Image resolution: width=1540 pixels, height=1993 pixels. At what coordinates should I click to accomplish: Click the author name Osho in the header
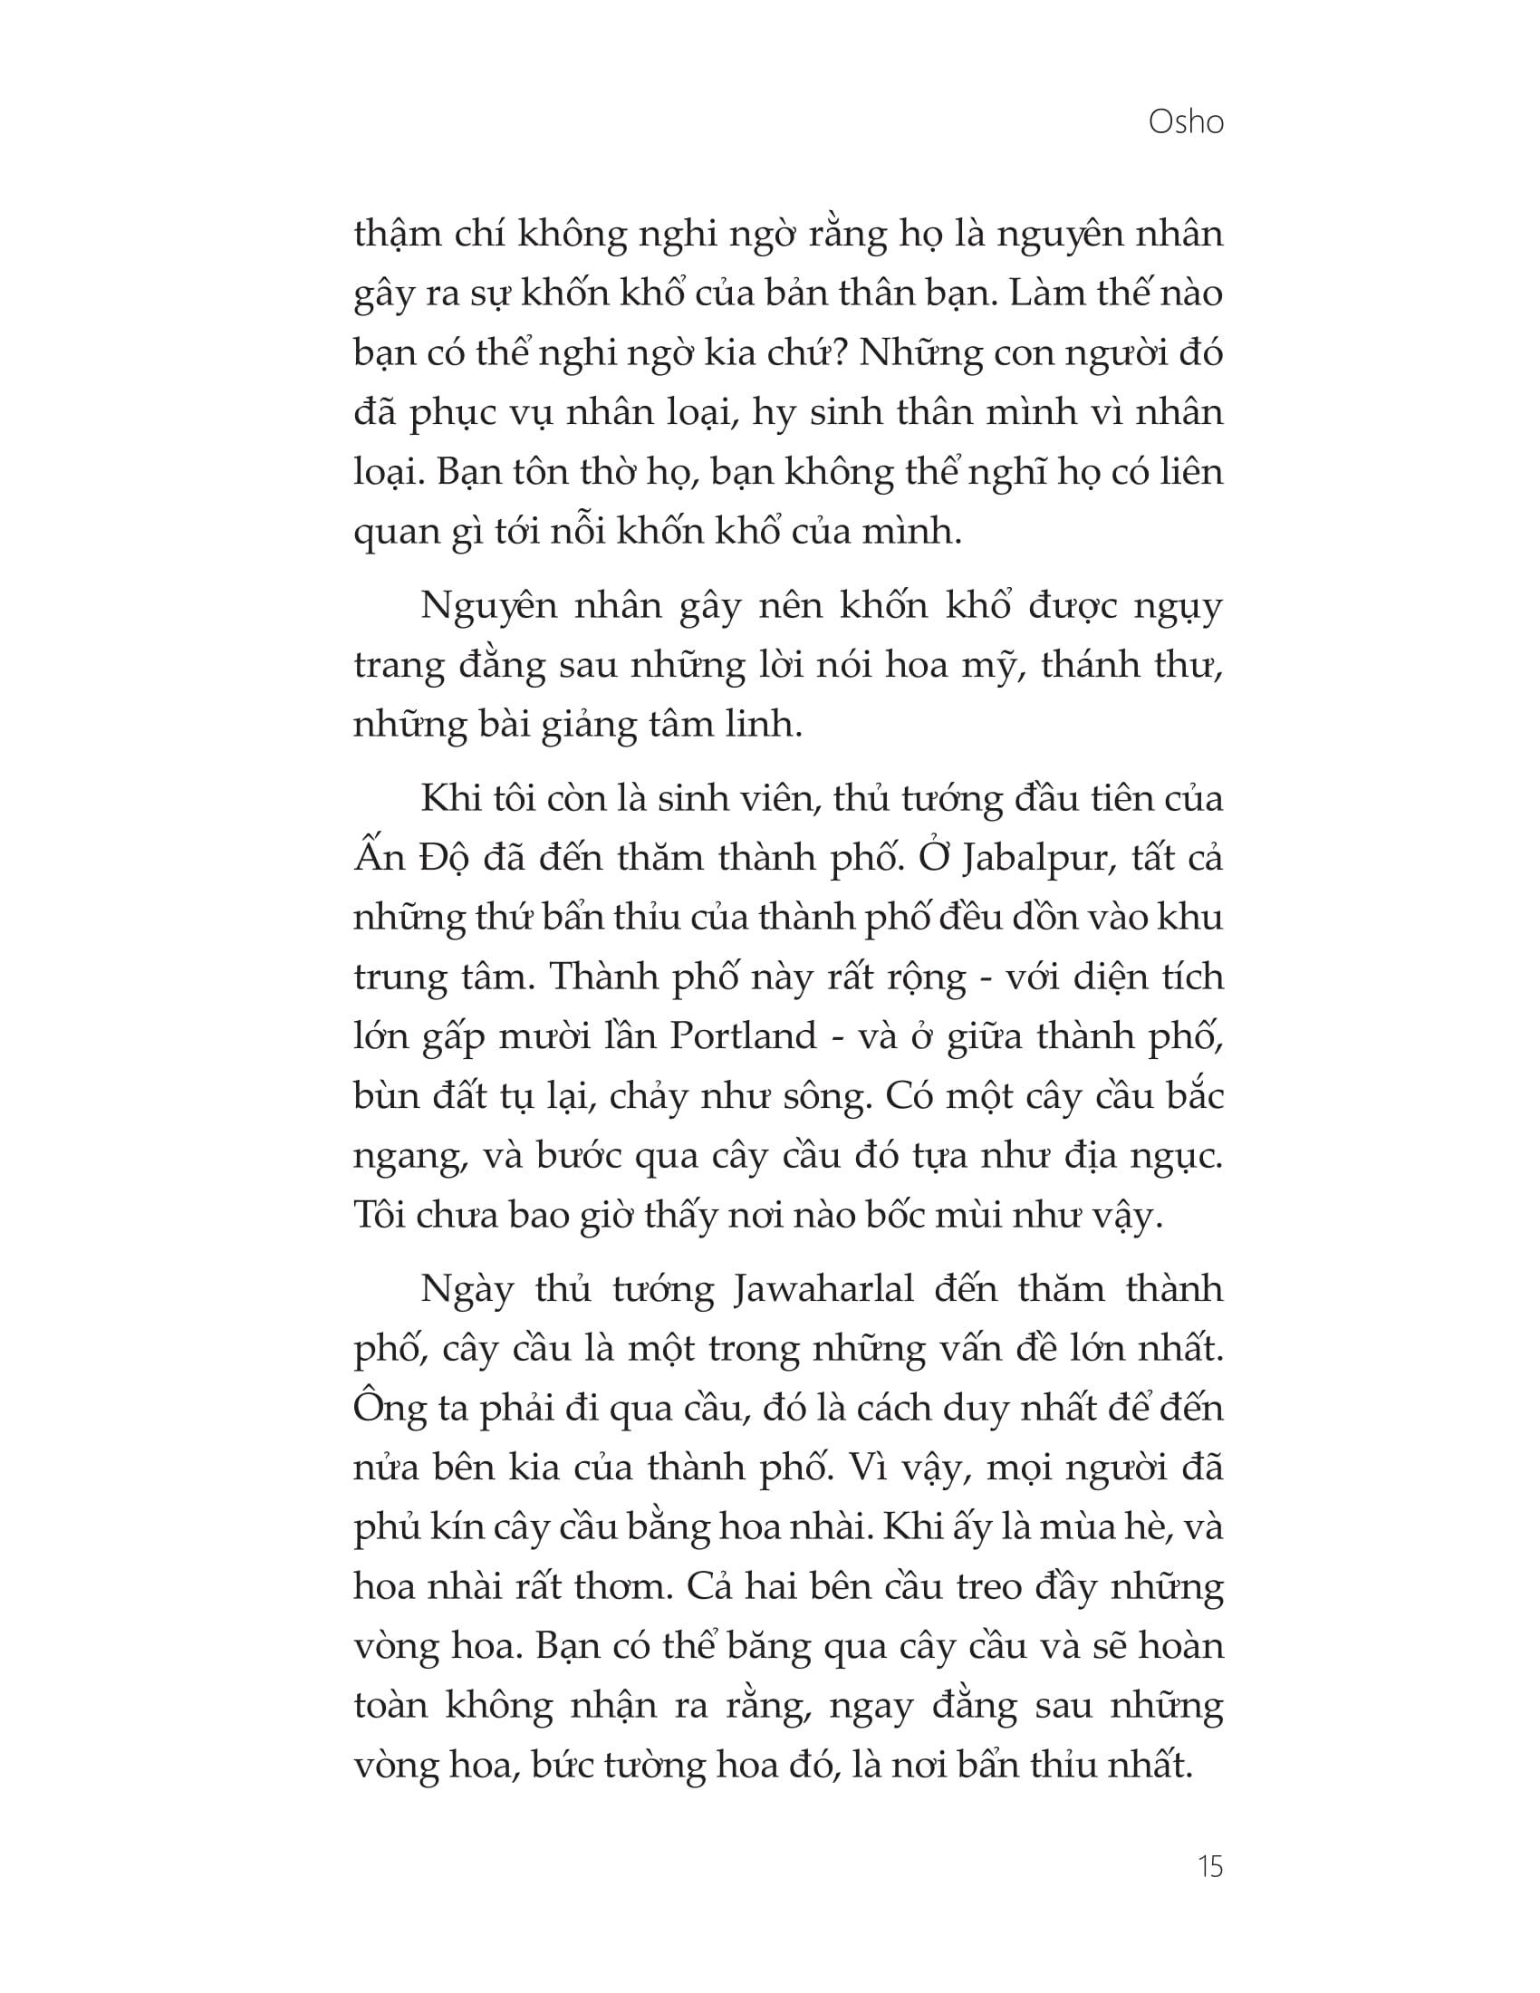click(x=1185, y=121)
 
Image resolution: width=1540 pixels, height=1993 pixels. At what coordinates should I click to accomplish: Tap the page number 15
click(x=1209, y=1867)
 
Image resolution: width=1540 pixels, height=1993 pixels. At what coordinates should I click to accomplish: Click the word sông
click(x=823, y=1097)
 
